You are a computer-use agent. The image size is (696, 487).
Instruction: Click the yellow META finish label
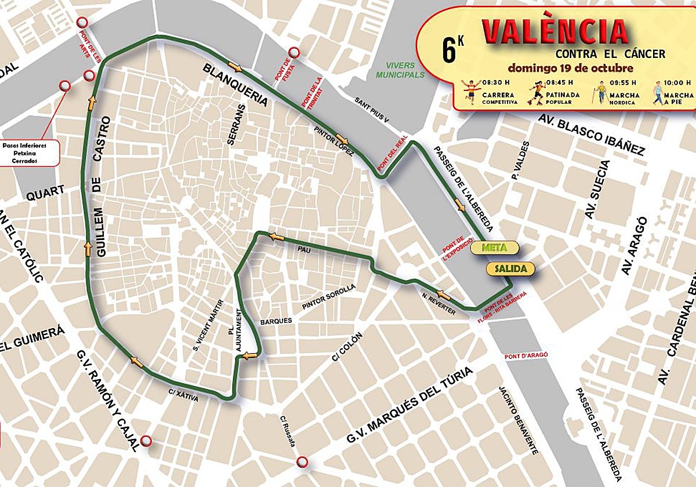click(x=494, y=248)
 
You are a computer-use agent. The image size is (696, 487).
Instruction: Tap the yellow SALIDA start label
click(x=510, y=270)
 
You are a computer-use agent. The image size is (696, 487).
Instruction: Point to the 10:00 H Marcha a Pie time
click(x=677, y=82)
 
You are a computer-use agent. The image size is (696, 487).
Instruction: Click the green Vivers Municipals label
click(x=400, y=70)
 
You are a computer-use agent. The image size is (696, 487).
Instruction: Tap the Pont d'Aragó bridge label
click(x=526, y=355)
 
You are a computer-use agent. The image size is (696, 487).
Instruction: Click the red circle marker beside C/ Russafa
click(x=302, y=461)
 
